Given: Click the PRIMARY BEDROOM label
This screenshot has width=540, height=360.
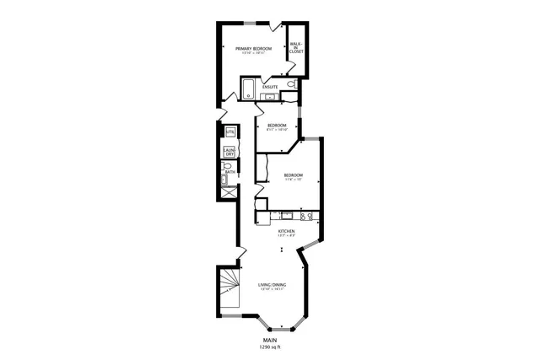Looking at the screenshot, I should coord(253,49).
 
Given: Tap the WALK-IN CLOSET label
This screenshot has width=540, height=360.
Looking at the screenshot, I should coord(296,48).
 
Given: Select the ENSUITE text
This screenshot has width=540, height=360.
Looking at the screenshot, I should coord(270,87).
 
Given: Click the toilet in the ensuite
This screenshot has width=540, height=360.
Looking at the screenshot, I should coord(291,86).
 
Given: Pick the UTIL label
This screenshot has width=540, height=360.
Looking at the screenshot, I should coord(229,132).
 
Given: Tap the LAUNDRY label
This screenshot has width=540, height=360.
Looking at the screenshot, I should coord(229,153).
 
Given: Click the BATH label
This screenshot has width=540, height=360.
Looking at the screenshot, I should coord(229,171).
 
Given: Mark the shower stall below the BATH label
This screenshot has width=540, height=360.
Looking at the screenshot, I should coord(228,191).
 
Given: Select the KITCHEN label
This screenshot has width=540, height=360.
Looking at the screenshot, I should coord(287,230).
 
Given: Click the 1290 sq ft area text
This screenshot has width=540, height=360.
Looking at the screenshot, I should coord(270,347).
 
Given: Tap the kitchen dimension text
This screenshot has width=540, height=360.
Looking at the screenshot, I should coord(287,235).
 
